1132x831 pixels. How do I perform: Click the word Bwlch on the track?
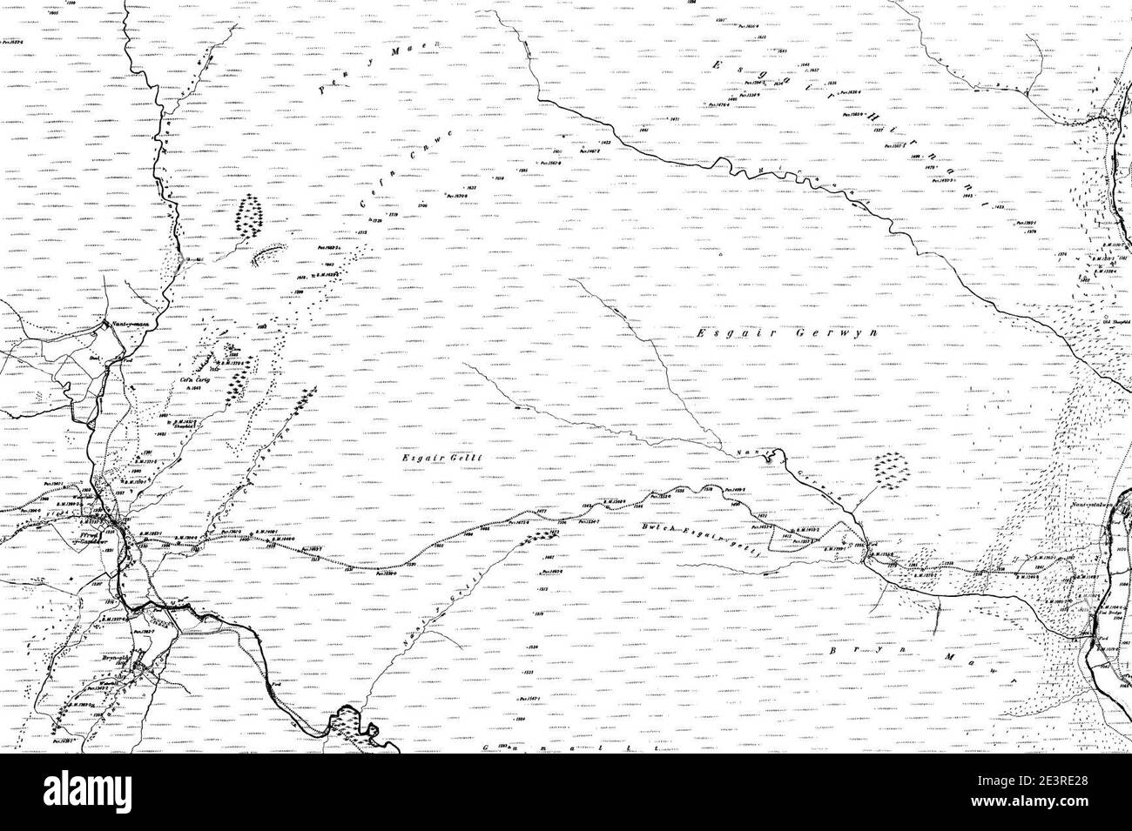tap(664, 527)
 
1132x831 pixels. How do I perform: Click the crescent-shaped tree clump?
tap(271, 254)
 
